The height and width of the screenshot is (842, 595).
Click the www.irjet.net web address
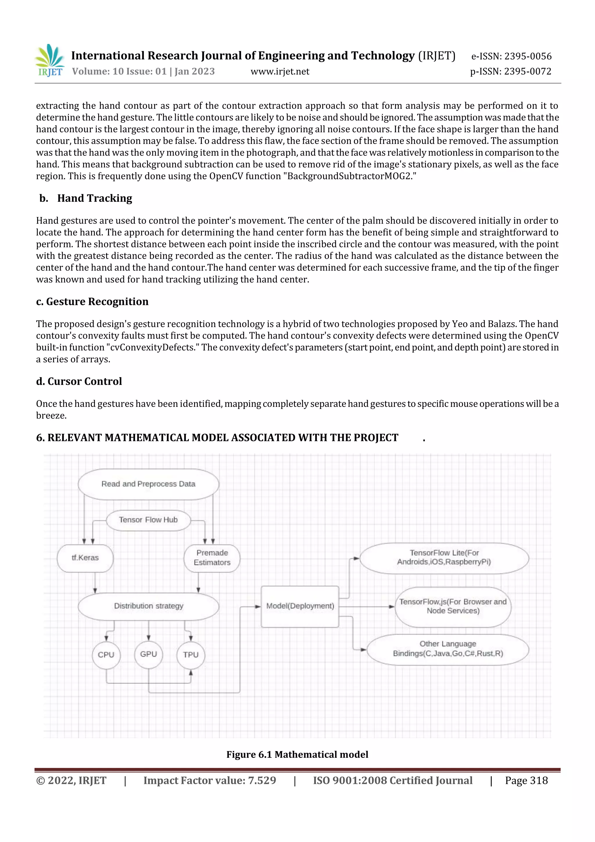[280, 71]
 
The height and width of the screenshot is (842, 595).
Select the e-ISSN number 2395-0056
[528, 56]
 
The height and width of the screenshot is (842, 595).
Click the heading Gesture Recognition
[97, 301]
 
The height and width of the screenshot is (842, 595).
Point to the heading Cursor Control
[84, 381]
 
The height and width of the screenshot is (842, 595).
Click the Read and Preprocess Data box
[148, 484]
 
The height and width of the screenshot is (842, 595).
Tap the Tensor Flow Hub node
[148, 520]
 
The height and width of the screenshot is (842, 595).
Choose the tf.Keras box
[85, 558]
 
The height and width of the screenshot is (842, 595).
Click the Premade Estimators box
[212, 558]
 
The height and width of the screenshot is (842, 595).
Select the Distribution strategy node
[148, 606]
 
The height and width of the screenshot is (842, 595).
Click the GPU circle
[148, 654]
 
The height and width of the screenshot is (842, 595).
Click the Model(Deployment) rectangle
[300, 606]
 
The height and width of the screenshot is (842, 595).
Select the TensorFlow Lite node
[444, 557]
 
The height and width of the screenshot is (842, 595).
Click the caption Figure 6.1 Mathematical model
[297, 754]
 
